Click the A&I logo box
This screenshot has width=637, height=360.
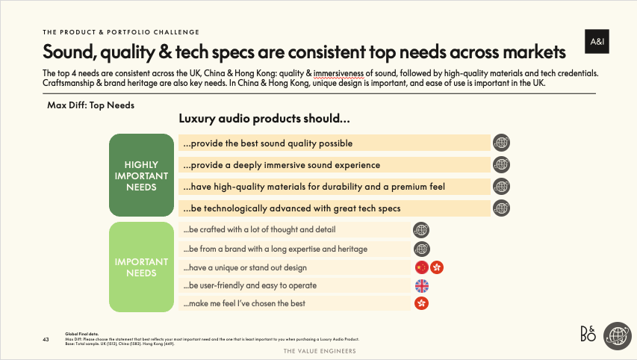tap(597, 43)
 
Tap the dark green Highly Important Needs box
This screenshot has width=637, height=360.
tap(142, 176)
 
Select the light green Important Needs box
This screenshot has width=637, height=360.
tap(142, 267)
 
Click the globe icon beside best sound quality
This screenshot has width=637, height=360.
tap(502, 143)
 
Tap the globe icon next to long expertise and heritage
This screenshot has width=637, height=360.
tap(422, 249)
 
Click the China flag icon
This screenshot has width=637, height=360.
tap(422, 267)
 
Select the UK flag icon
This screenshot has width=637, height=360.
tap(422, 285)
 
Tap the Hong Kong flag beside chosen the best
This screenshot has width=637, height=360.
tap(422, 303)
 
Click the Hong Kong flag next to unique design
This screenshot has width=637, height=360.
tap(438, 267)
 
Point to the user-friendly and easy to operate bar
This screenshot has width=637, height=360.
tap(295, 285)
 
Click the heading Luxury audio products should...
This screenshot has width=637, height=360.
tap(265, 119)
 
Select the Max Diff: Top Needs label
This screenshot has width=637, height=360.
tap(90, 105)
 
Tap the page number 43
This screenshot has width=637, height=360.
tap(46, 341)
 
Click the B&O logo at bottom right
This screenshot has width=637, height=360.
tap(589, 335)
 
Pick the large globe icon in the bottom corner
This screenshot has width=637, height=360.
tap(618, 335)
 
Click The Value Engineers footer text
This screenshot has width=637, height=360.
tap(318, 350)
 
